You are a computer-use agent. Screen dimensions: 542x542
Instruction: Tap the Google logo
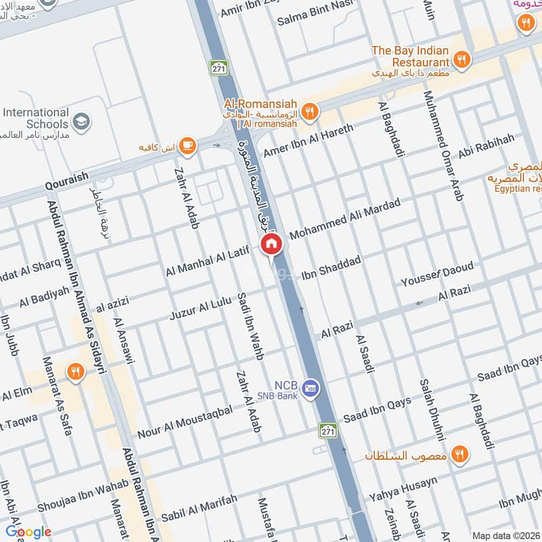(28, 532)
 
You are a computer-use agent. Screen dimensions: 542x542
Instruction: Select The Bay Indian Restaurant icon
(461, 60)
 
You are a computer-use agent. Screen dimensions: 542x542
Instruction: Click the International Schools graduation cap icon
(81, 122)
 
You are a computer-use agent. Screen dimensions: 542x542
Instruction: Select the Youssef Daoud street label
(437, 274)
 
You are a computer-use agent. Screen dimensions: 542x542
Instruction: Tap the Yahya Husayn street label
(403, 490)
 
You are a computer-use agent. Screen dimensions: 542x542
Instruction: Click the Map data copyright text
(505, 535)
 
